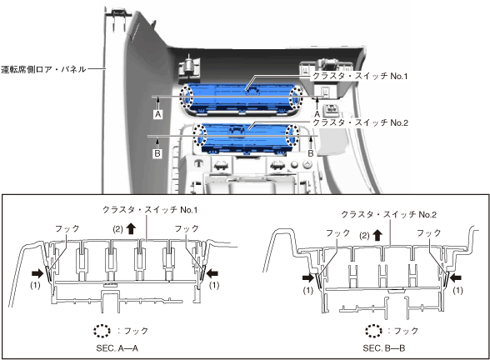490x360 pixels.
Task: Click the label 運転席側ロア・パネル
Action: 43,69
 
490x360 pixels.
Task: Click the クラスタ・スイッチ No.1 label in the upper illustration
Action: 360,76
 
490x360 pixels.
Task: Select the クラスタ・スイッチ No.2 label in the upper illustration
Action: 360,122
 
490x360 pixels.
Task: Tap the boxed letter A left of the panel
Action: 158,114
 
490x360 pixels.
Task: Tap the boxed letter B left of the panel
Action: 157,153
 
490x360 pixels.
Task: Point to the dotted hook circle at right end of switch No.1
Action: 296,98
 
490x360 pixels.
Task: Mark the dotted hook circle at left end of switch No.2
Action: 200,134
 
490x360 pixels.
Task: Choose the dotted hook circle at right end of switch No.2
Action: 292,135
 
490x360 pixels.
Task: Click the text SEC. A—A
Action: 117,348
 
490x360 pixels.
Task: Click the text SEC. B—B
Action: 383,348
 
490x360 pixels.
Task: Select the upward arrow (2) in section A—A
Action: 131,228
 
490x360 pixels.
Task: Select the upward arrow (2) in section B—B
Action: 378,235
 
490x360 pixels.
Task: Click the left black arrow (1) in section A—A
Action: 37,273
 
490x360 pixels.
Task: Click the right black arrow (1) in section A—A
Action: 212,273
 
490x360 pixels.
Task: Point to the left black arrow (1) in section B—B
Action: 308,277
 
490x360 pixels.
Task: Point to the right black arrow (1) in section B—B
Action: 455,277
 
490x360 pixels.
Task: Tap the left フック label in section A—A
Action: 67,228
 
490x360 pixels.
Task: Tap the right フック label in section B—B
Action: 429,232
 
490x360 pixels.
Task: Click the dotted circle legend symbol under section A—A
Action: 102,331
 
